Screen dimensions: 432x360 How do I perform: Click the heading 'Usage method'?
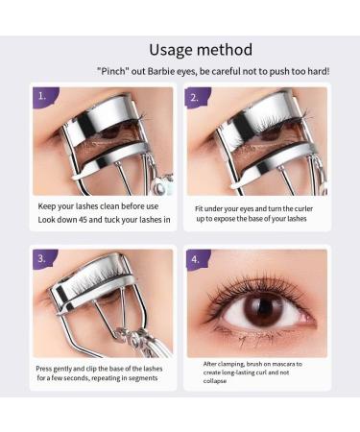[x=201, y=49]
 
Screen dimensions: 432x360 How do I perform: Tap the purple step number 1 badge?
[x=42, y=97]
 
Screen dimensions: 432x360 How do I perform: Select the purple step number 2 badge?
[x=196, y=97]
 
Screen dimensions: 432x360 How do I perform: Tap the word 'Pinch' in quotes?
[x=113, y=70]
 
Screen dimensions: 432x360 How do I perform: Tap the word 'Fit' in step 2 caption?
[x=198, y=207]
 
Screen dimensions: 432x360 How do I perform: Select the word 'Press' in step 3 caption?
[x=45, y=368]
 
